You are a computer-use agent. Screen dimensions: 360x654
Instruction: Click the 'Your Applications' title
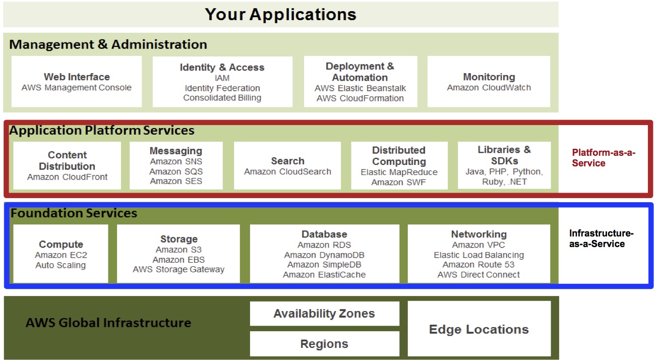tap(280, 14)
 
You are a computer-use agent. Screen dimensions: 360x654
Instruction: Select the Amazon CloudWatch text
tap(489, 88)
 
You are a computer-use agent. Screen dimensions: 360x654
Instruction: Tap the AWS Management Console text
tap(77, 88)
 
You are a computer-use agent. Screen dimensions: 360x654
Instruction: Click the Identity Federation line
tap(222, 88)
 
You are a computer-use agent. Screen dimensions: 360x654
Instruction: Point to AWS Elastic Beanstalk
tap(360, 88)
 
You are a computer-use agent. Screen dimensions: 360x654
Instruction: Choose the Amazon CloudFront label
tap(68, 177)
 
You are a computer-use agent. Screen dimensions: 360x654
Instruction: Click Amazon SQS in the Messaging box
tap(176, 171)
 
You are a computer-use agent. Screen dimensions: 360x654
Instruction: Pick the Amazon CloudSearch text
tap(287, 172)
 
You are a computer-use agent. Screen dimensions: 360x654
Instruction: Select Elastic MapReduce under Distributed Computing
tap(399, 172)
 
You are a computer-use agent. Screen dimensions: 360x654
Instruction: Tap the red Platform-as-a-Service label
tap(604, 158)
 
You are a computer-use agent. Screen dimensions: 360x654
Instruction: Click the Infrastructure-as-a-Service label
tap(601, 239)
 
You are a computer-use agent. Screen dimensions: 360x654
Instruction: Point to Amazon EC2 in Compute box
tap(61, 255)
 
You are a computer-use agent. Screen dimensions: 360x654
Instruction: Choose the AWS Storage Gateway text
tap(179, 269)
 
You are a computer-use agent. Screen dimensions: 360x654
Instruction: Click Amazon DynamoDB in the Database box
tap(324, 255)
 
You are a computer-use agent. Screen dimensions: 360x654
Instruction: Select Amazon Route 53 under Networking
tap(479, 265)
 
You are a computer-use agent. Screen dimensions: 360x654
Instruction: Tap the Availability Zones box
tap(324, 314)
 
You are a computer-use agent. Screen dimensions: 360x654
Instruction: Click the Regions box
tap(324, 344)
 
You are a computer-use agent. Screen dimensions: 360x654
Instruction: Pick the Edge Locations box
tap(479, 329)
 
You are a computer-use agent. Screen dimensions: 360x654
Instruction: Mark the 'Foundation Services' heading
tap(74, 213)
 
